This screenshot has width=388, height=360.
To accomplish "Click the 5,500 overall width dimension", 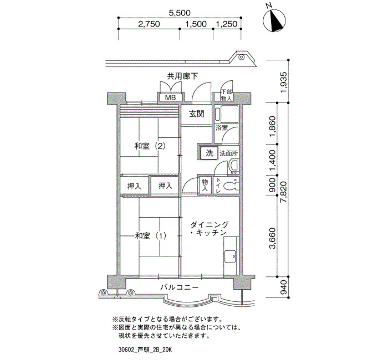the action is (180, 13).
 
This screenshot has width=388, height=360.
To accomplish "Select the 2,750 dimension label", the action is (149, 24).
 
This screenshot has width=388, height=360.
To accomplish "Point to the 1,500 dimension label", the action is (196, 24).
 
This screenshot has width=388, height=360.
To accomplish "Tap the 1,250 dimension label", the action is (227, 24).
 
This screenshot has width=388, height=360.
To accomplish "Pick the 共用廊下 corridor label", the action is (182, 76).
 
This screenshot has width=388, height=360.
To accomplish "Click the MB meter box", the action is (170, 97).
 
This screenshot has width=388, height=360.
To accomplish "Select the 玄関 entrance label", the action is (197, 114).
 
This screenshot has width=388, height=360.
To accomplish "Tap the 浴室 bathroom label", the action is (222, 128).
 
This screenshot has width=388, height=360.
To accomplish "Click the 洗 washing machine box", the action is (210, 153).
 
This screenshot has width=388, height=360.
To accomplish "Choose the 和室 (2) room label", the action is (150, 146).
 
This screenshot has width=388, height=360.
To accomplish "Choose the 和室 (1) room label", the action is (150, 236).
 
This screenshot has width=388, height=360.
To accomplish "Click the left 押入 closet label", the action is (134, 186).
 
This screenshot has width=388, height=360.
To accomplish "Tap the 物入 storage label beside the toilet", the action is (205, 186).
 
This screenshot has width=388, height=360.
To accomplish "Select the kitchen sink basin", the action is (230, 256).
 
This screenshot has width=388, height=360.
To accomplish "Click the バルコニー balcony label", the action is (180, 287).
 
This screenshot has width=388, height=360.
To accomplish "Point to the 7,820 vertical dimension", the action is (284, 192).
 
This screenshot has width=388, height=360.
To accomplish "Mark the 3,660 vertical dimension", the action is (273, 238).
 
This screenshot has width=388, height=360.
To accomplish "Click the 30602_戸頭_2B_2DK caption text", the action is (145, 350).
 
